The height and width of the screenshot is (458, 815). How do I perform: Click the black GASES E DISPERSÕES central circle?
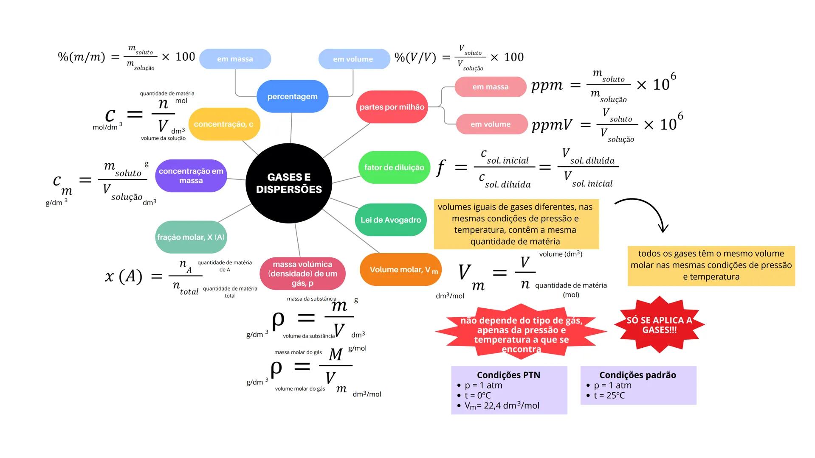[289, 183]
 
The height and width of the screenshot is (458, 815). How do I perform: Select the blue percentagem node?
[292, 96]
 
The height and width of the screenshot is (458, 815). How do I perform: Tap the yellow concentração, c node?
[224, 124]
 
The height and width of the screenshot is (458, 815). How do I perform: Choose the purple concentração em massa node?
[191, 176]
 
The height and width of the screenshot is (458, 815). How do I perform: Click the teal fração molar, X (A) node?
[191, 237]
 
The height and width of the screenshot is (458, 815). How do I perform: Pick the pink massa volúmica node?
[302, 274]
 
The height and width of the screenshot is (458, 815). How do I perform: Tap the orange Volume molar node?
[400, 270]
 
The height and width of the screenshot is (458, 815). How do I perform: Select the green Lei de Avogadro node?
[391, 220]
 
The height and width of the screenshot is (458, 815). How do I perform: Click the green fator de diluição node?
[394, 168]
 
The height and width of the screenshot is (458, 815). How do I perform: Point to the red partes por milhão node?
[392, 107]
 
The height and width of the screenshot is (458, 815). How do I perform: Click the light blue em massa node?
[235, 59]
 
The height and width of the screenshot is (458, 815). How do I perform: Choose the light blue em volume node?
[353, 59]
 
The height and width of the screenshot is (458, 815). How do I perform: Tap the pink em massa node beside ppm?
[491, 87]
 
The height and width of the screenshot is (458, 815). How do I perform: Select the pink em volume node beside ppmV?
[491, 124]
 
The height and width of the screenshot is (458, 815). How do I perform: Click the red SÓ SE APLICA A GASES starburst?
[659, 325]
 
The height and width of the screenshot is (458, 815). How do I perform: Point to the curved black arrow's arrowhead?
[663, 229]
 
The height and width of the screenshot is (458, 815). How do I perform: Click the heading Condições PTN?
[508, 375]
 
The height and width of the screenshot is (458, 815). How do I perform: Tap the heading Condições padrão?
[637, 375]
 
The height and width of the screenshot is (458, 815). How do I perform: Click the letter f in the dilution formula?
[441, 168]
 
